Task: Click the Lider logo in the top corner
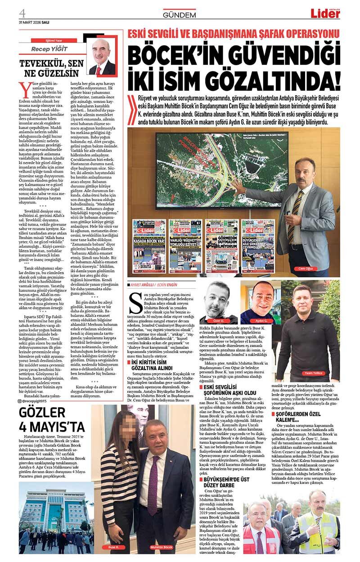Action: [x=325, y=13]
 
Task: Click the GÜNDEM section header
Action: [x=179, y=15]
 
